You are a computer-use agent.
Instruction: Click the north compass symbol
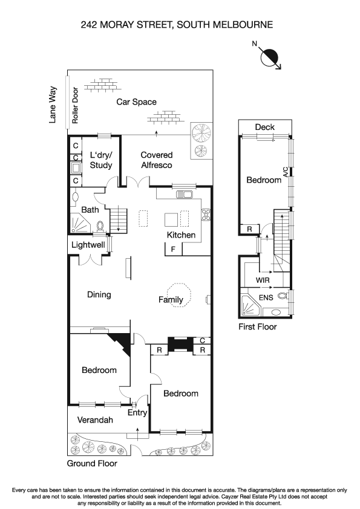(269, 57)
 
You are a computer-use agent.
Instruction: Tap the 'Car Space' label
(136, 102)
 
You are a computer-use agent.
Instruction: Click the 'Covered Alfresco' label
(156, 160)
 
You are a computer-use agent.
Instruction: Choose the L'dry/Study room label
(100, 160)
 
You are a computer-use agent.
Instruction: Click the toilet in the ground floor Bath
(100, 225)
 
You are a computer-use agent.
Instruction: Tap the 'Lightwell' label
(88, 245)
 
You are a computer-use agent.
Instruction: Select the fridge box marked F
(173, 248)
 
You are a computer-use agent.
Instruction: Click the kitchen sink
(184, 195)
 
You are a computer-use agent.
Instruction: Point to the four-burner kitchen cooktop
(205, 215)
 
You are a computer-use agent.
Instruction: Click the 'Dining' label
(99, 295)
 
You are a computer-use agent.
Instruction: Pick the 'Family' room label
(170, 299)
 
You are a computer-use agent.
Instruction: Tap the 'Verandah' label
(94, 420)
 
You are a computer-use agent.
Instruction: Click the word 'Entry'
(137, 413)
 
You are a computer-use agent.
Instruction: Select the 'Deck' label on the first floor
(264, 127)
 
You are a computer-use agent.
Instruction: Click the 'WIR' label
(263, 281)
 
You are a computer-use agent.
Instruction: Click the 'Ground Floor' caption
(91, 464)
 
